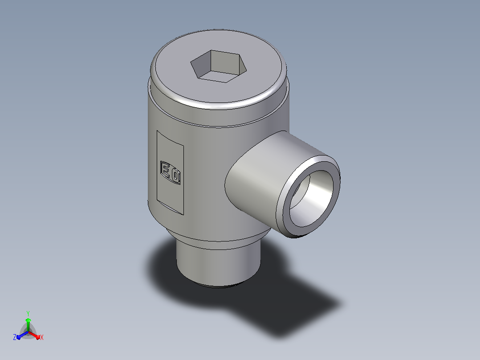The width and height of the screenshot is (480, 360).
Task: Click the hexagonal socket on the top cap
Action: (218, 66)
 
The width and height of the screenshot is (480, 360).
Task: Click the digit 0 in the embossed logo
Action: (175, 176)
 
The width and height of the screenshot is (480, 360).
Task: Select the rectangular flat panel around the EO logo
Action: (170, 172)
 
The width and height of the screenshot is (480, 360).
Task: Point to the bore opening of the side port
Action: (311, 199)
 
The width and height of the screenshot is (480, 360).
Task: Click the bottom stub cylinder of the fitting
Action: (218, 263)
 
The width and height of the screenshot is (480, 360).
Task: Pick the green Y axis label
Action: (28, 313)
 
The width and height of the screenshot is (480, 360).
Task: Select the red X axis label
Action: (42, 337)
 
